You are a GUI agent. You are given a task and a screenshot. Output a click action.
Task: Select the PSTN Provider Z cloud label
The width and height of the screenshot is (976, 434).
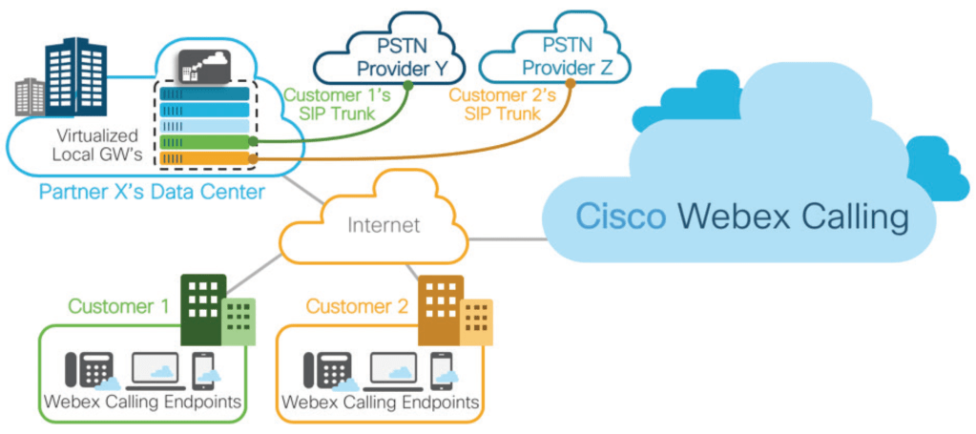click(570, 55)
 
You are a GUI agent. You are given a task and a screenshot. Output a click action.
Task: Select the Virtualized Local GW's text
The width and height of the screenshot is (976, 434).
click(96, 144)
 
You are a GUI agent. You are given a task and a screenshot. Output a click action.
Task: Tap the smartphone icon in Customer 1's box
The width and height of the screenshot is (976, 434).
click(201, 370)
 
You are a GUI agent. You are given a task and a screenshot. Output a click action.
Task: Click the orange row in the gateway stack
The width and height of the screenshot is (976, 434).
click(205, 158)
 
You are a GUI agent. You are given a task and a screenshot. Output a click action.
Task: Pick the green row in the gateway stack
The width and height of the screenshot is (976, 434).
click(205, 142)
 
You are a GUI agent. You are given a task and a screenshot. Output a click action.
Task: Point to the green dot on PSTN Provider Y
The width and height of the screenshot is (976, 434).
click(407, 86)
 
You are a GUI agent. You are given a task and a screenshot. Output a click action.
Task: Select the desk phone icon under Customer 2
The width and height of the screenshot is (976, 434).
click(322, 370)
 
